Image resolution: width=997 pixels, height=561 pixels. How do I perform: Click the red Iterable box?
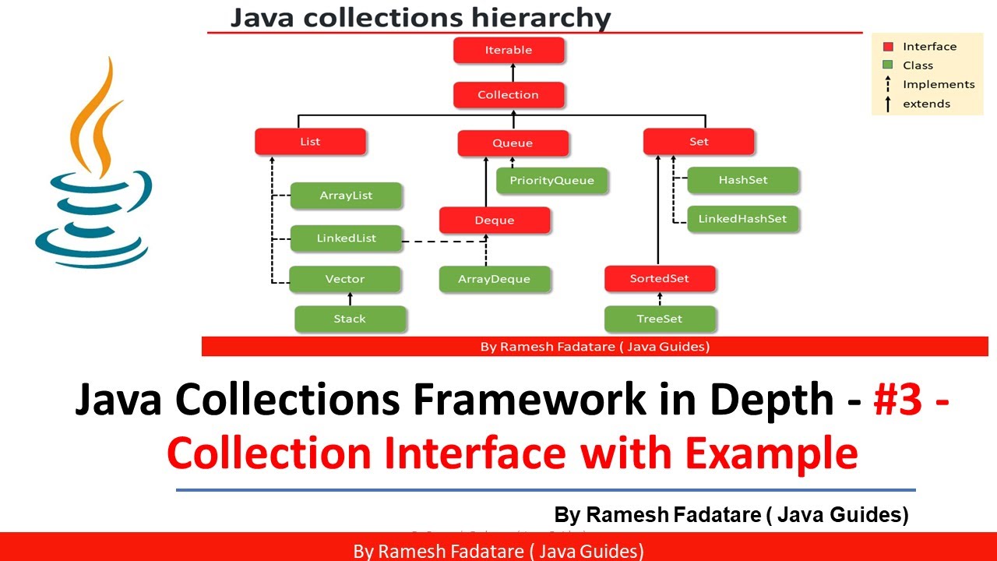509,50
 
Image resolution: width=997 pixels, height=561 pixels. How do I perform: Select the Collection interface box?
509,95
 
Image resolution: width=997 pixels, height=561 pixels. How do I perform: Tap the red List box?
310,142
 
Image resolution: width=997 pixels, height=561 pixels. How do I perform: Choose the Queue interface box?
513,143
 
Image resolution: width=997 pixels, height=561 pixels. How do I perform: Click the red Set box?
699,142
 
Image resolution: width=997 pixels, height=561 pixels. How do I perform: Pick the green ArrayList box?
346,196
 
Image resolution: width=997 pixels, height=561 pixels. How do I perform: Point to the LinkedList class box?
346,238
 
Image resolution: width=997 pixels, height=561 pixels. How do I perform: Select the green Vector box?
345,279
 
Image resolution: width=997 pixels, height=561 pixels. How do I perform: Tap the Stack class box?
350,319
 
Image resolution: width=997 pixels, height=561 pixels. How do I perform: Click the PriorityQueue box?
551,181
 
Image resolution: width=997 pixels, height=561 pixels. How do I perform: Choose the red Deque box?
495,221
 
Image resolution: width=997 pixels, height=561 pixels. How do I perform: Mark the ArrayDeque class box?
495,279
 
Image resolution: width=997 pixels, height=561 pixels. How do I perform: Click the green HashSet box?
743,180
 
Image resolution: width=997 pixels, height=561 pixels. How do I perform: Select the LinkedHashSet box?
743,219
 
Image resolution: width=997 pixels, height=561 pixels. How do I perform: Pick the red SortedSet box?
660,279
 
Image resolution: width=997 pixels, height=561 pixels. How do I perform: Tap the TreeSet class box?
660,319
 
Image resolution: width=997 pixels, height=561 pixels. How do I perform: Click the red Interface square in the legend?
887,47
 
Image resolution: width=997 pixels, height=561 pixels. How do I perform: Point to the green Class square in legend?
887,65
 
